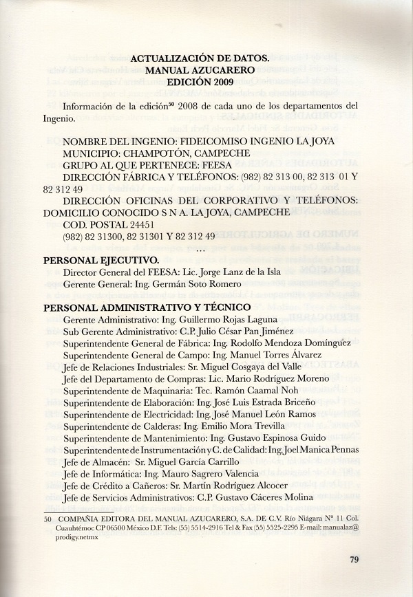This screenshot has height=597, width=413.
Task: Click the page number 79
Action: point(354,558)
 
